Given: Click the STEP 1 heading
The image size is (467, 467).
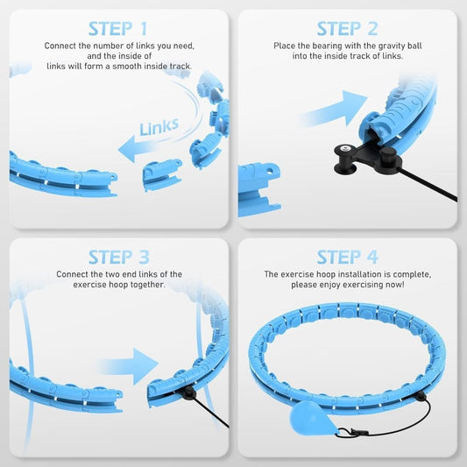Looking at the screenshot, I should click(119, 29).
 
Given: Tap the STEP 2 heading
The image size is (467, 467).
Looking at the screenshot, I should click(347, 29).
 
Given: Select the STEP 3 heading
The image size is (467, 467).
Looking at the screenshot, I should click(119, 257).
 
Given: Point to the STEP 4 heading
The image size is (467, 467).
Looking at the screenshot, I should click(347, 257).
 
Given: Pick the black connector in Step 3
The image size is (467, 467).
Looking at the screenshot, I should click(188, 393).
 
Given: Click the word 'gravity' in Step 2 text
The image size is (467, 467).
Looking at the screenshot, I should click(386, 44).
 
